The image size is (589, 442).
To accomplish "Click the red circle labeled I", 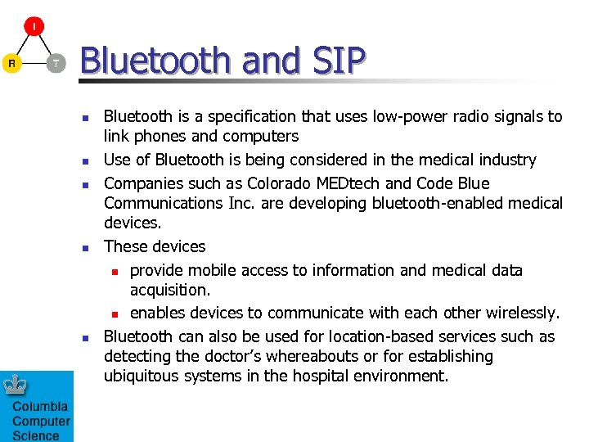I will point(34,27).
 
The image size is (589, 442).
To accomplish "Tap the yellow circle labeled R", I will point(11,63).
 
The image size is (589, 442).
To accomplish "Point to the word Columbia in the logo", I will point(40,407).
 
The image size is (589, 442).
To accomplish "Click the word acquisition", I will point(170,290).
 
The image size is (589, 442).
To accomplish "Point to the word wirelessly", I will point(521,313).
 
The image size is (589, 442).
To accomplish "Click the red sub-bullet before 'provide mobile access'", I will point(115,271).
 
